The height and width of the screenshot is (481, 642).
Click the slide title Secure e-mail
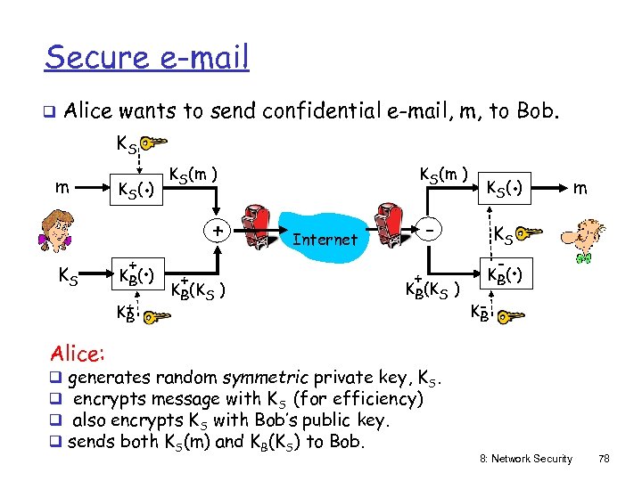(x=147, y=58)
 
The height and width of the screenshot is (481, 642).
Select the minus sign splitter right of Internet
(x=430, y=230)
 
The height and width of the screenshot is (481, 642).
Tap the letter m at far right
(x=580, y=189)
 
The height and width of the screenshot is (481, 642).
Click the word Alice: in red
(x=76, y=354)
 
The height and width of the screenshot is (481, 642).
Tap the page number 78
(x=604, y=459)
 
